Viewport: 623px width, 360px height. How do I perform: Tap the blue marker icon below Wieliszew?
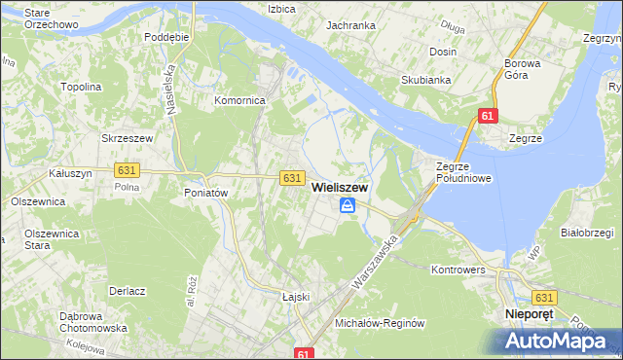tap(348, 205)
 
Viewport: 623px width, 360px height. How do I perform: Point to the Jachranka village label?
tap(351, 24)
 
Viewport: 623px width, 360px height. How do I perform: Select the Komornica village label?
tap(240, 100)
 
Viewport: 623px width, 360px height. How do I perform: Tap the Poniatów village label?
tap(205, 193)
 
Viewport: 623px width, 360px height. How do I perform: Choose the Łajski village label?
tap(295, 297)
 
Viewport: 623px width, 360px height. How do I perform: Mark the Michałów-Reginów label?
tap(381, 322)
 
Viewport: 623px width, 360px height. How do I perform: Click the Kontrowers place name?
tap(457, 269)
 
